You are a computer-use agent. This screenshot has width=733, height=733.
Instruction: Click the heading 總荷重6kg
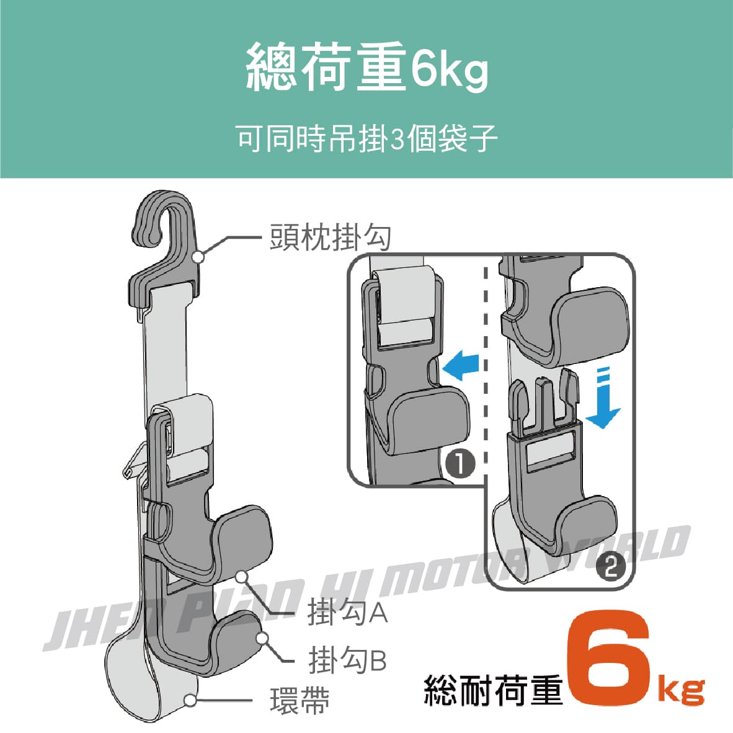(367, 67)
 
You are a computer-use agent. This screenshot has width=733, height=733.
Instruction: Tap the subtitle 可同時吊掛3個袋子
(367, 138)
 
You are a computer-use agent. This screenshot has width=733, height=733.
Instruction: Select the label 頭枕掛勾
(331, 238)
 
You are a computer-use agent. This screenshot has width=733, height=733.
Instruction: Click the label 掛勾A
(347, 612)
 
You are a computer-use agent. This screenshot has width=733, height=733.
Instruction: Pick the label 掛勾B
(347, 660)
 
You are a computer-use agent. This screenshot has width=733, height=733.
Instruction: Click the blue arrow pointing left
(461, 365)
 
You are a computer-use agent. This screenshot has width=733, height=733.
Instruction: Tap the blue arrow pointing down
(603, 398)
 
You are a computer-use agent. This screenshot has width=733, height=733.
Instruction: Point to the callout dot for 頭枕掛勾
(198, 256)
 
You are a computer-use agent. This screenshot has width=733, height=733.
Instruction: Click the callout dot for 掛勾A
(241, 577)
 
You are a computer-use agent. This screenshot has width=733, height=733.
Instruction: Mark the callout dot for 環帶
(190, 700)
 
